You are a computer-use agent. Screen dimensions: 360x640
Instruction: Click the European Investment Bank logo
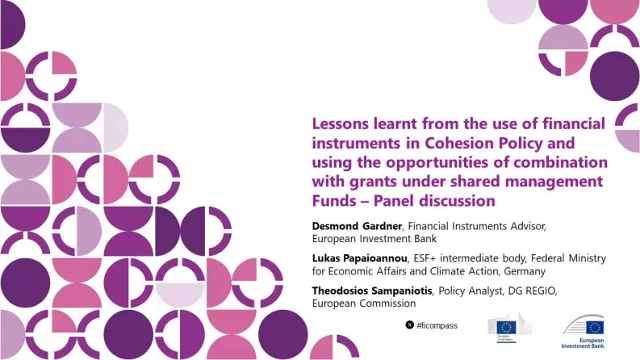tap(584, 332)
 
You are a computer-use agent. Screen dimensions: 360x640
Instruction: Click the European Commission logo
tap(506, 330)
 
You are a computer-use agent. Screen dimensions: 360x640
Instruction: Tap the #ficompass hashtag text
tap(437, 325)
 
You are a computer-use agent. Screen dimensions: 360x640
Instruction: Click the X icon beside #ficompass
tap(409, 325)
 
